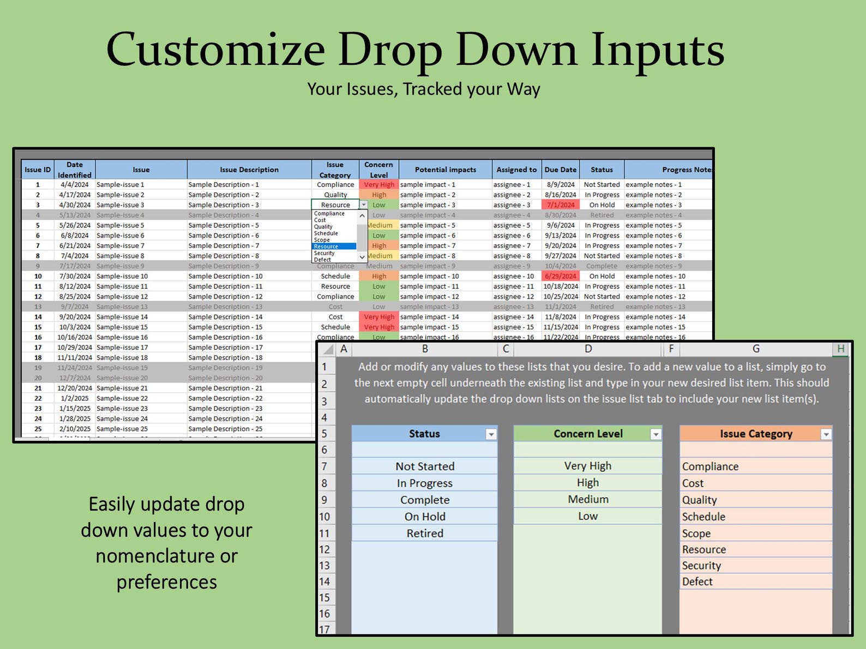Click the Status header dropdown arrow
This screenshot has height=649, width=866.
point(491,434)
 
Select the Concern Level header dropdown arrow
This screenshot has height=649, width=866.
point(656,434)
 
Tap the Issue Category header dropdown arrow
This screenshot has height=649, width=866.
point(826,434)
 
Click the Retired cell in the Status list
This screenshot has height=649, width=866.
point(424,533)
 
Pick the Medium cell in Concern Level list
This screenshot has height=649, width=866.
point(588,500)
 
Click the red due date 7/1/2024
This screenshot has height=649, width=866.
point(561,205)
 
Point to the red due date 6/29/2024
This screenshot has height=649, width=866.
point(561,276)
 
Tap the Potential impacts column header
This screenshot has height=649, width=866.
point(445,169)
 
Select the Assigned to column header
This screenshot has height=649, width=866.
point(516,169)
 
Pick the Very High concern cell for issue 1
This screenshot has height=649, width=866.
point(379,185)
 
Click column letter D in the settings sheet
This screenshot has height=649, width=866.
point(588,349)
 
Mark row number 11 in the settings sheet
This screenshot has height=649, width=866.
point(324,533)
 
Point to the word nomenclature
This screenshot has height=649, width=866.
point(166,556)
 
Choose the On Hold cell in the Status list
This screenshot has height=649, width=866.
point(424,517)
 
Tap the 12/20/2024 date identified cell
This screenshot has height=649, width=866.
point(75,388)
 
